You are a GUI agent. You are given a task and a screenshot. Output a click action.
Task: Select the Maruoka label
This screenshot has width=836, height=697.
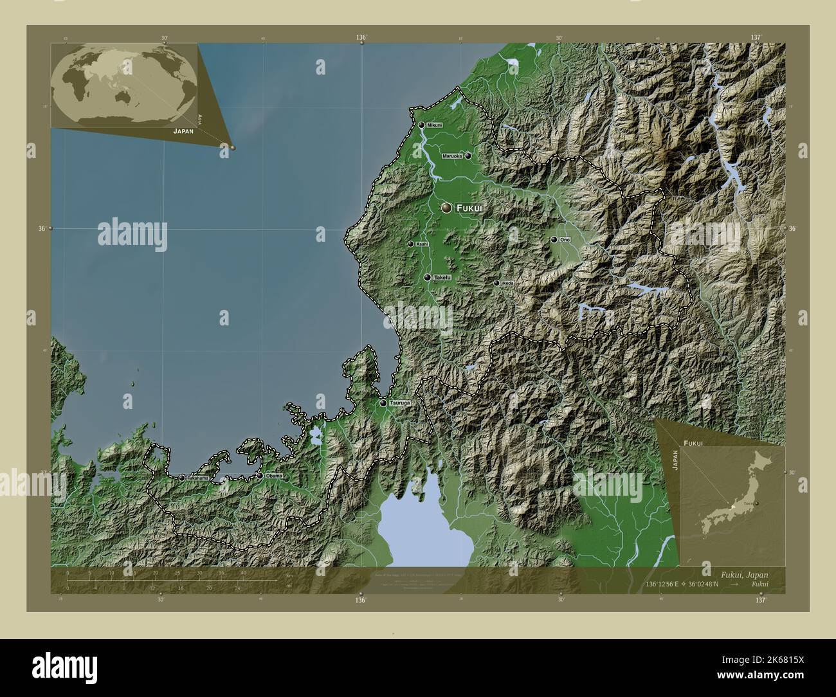coord(452,156)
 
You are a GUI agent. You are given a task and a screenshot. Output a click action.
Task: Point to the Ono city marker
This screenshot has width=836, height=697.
coord(554,240)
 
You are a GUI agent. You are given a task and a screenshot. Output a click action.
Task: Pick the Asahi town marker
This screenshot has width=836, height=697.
coord(410,244)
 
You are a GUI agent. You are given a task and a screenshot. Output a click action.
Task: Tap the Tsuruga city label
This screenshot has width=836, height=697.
coord(399,403)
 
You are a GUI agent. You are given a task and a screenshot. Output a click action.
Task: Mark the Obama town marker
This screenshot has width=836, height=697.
coord(260,476)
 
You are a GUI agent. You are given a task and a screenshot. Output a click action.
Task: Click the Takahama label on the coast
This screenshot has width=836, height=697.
coord(197,478)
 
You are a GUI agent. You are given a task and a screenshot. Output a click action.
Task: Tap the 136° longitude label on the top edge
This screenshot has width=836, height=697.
coord(361,38)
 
